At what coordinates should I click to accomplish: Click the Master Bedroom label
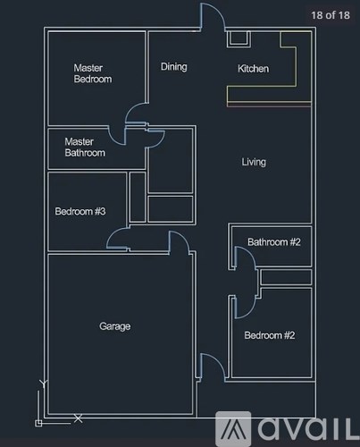coord(92,73)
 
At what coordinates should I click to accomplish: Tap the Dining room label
coord(173,67)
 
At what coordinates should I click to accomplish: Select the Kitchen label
coord(253,69)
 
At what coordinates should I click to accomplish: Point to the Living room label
coord(254,162)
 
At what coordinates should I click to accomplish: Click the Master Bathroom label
coord(85,147)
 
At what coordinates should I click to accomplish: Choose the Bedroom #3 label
coord(80,212)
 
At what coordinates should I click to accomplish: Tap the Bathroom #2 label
coord(274,242)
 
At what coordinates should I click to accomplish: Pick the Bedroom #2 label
coord(269,335)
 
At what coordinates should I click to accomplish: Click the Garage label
coord(114,326)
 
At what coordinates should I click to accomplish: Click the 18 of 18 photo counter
coord(331,15)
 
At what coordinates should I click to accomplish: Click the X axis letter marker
coord(79,417)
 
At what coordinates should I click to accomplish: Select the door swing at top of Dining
coord(212,18)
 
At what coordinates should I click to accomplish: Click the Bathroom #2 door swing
coord(242,258)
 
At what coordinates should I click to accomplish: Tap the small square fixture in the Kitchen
coord(239,38)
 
